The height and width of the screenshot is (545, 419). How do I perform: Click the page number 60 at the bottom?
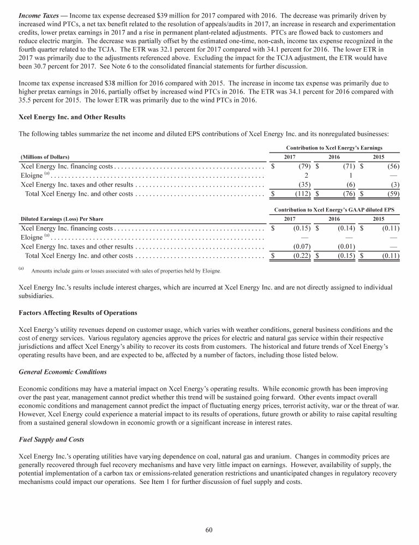[x=209, y=529]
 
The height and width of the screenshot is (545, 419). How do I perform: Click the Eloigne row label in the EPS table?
[x=31, y=237]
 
